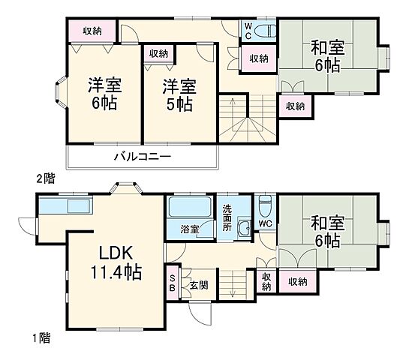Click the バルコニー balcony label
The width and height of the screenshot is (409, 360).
click(143, 157)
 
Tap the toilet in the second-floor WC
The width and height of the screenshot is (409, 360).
click(263, 31)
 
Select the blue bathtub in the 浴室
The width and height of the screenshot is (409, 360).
click(190, 208)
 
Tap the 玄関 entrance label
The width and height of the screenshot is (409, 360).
click(198, 285)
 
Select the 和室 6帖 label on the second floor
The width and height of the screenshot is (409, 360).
click(328, 57)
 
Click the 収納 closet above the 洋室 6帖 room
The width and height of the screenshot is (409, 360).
click(92, 31)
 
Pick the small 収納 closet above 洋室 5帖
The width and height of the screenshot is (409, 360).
click(158, 53)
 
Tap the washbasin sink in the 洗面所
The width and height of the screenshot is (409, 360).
click(243, 229)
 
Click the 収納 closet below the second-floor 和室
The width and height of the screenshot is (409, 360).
click(295, 106)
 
